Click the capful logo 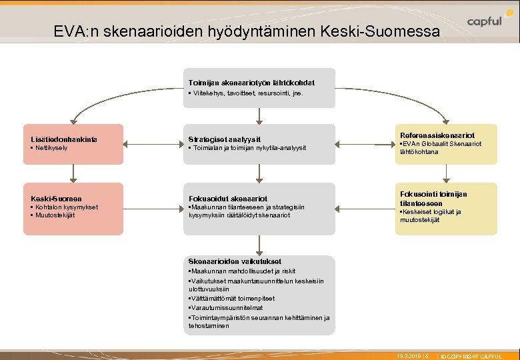tap(485, 21)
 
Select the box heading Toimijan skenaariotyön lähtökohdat tap(251, 83)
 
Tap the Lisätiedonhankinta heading tap(64, 139)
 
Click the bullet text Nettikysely tap(51, 148)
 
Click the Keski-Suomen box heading tap(57, 199)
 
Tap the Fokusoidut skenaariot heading tap(228, 199)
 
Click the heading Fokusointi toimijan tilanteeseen tap(433, 198)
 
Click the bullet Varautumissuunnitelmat tap(227, 308)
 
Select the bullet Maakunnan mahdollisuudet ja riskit tap(243, 271)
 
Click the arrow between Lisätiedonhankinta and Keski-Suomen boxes tap(73, 173)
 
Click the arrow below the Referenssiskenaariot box tap(447, 173)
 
